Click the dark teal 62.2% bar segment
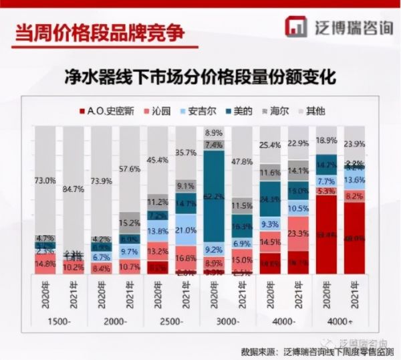click(214, 197)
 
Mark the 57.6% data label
click(129, 169)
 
